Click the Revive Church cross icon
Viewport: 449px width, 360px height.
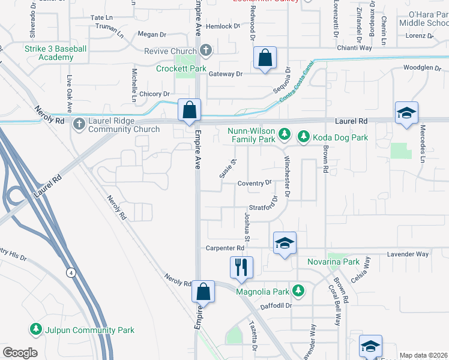coord(206,50)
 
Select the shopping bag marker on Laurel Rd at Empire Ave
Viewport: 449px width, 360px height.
coord(190,111)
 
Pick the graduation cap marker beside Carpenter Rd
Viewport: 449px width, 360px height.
coord(285,243)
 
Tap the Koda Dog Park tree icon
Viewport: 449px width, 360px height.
coord(303,137)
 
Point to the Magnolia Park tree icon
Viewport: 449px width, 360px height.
coord(297,292)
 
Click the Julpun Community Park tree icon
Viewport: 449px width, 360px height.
coord(35,329)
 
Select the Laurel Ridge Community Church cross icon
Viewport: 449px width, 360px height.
coord(79,125)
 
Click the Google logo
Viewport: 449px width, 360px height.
coord(20,353)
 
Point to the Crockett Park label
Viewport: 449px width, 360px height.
coord(181,69)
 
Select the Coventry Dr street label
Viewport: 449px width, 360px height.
coord(255,183)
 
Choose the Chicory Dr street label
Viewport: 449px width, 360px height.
coord(154,94)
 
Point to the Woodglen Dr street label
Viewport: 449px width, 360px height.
coord(426,68)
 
